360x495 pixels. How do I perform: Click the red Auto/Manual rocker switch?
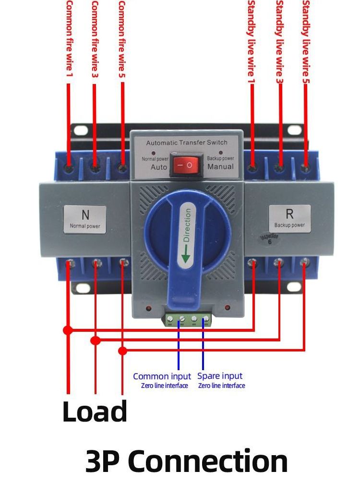coord(186,165)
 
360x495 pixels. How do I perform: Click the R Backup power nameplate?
coord(289,218)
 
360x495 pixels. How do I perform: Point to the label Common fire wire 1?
coord(69,38)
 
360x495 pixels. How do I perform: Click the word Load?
coord(95,411)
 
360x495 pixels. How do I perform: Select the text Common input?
coord(162,376)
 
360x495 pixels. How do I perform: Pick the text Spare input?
coord(220,376)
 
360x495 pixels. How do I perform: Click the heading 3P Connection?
coord(186,461)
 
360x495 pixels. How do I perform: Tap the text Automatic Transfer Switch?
coord(187,143)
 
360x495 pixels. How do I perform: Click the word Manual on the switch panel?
coord(220,167)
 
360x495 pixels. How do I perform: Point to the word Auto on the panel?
coord(159,167)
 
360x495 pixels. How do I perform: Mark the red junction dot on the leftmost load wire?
coord(68,330)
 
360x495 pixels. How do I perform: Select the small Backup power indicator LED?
coord(220,153)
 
